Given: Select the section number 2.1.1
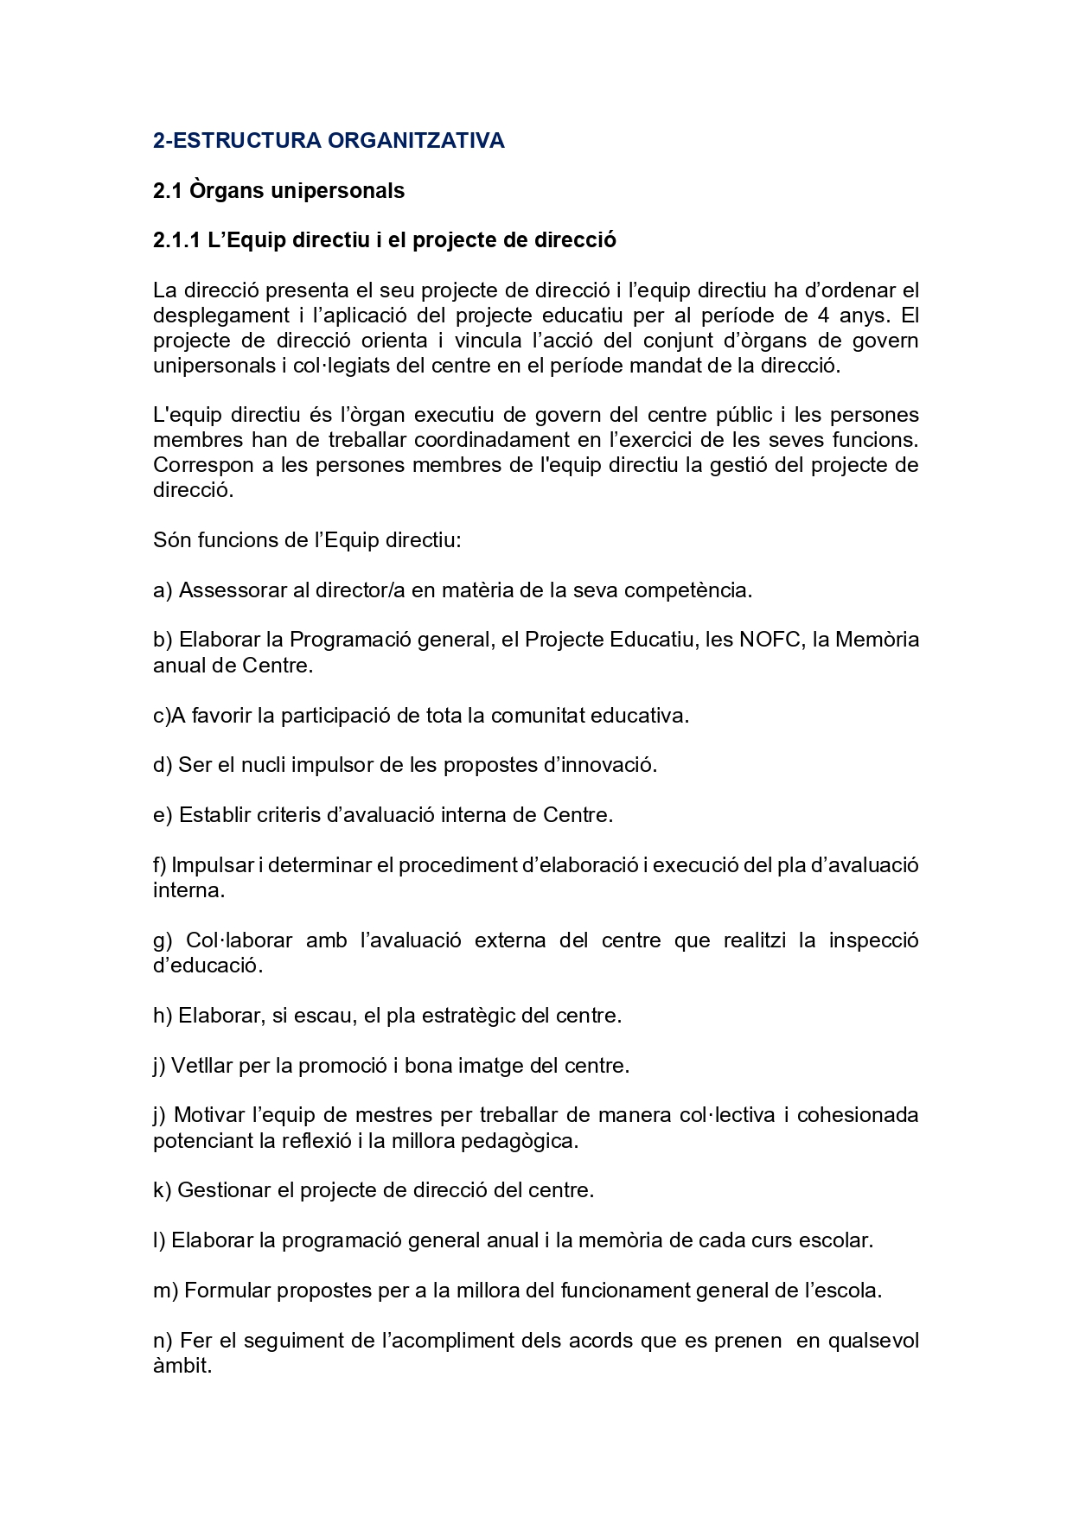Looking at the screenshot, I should click(176, 240).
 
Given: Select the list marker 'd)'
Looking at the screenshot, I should click(163, 765).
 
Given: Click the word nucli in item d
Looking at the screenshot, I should click(264, 765).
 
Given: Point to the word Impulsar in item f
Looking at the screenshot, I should click(212, 865).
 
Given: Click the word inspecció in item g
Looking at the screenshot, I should click(873, 940).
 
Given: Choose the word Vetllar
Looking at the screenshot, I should click(201, 1066).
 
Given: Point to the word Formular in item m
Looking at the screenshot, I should click(220, 1291).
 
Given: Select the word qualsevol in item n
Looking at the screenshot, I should click(873, 1341).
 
